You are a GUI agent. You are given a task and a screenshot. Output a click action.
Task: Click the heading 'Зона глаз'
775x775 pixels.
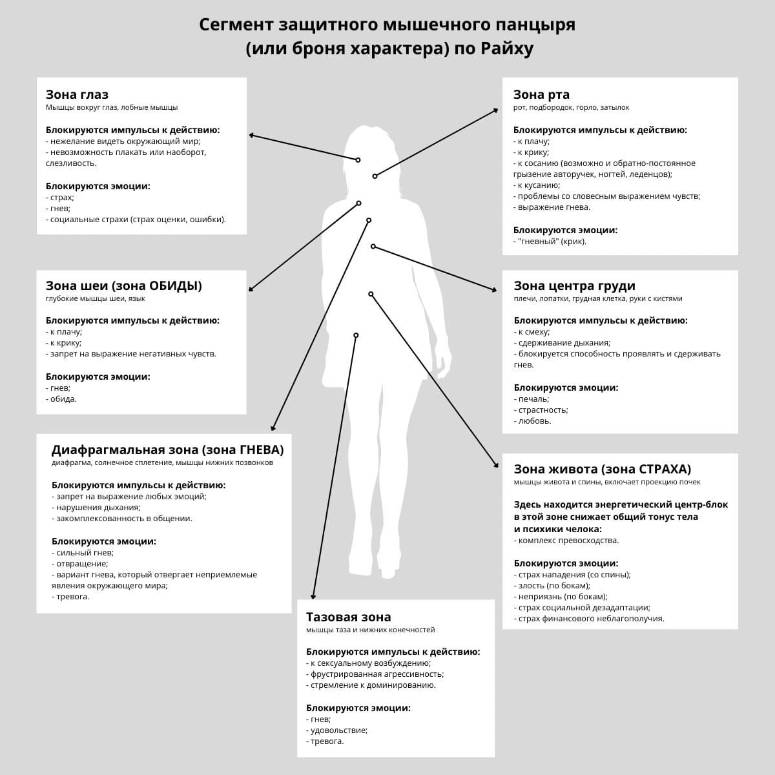click(x=77, y=95)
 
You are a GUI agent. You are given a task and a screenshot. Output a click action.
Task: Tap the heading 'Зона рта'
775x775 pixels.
click(x=541, y=95)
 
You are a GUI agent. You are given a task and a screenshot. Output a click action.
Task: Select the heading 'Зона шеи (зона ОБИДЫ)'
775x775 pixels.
click(x=123, y=285)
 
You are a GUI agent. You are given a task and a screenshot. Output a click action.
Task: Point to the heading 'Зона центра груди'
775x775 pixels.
click(x=574, y=285)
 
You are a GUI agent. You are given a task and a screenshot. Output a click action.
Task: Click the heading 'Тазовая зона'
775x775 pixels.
click(x=348, y=617)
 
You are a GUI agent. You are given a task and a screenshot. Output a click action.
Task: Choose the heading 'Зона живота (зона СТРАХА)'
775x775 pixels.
click(x=602, y=469)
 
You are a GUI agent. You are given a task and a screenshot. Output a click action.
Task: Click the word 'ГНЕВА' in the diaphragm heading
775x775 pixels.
click(x=262, y=449)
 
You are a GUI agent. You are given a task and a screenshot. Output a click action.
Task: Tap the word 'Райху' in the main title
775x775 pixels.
click(x=507, y=49)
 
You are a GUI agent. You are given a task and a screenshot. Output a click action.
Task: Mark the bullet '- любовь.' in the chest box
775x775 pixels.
click(x=533, y=421)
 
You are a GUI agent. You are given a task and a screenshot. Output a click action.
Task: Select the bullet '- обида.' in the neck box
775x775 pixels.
click(x=61, y=399)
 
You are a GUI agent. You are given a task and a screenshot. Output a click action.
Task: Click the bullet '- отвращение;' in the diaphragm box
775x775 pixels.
click(x=80, y=563)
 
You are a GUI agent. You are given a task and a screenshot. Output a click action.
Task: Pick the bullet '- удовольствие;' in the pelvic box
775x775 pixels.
click(x=336, y=730)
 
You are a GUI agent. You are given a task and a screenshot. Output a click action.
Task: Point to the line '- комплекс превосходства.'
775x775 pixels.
click(x=566, y=541)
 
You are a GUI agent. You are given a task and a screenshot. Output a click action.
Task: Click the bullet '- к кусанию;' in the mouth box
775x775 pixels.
click(x=537, y=185)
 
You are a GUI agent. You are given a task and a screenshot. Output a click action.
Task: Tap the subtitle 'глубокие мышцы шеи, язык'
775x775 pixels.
click(x=96, y=299)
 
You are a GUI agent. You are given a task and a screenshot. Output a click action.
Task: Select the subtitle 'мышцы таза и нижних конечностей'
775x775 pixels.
click(x=371, y=630)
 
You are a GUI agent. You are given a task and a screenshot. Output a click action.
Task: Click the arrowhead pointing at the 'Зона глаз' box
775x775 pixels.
click(x=251, y=135)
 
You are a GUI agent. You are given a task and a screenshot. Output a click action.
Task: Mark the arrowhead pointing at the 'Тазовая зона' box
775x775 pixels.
click(x=313, y=597)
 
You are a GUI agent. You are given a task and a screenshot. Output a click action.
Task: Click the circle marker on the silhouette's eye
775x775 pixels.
click(x=358, y=160)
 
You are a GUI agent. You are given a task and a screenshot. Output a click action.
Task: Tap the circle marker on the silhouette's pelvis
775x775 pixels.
click(x=356, y=335)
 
